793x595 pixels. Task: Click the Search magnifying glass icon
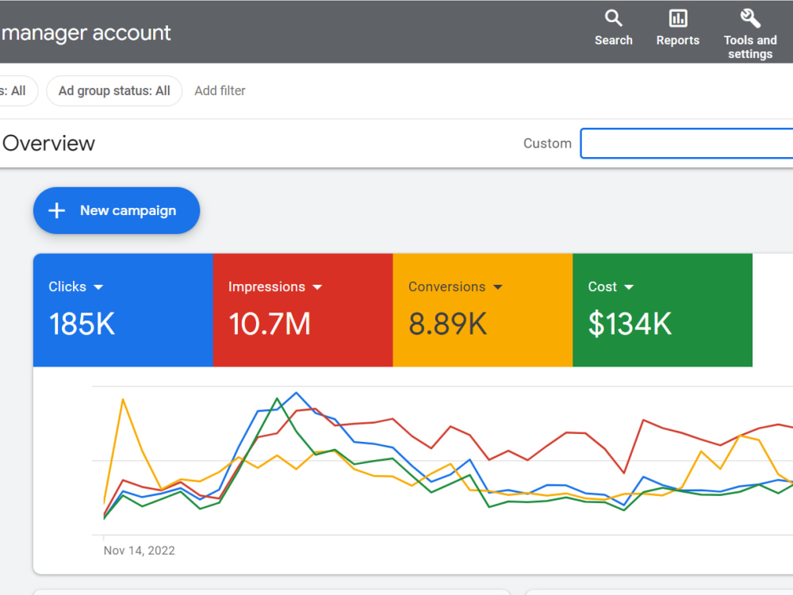(614, 18)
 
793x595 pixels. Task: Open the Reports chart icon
(678, 18)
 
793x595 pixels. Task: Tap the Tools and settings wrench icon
(750, 18)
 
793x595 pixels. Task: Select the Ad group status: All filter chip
(114, 91)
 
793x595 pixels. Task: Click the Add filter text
(220, 91)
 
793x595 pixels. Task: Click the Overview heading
(49, 144)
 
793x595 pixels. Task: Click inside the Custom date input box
(687, 143)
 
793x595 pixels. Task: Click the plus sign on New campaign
(57, 210)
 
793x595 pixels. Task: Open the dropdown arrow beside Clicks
(98, 287)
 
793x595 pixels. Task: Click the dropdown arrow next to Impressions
(317, 287)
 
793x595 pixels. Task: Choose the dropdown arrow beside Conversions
(498, 287)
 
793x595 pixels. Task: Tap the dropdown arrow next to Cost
(629, 287)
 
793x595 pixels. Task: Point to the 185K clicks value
(82, 324)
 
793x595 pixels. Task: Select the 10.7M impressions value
(270, 324)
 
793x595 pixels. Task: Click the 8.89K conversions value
(447, 324)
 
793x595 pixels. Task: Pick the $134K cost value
(630, 324)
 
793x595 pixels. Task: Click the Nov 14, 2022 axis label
(139, 551)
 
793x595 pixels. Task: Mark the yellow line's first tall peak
(123, 400)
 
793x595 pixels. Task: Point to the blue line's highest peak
(297, 393)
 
